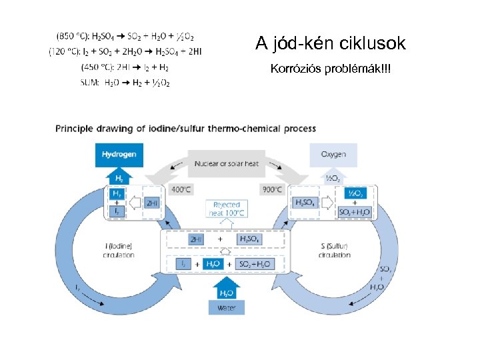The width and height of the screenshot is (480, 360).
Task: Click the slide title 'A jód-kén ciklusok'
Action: [330, 44]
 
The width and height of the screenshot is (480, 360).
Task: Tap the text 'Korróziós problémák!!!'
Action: [330, 69]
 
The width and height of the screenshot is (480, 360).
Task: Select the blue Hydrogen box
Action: [119, 155]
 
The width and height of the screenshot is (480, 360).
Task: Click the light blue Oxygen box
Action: [333, 155]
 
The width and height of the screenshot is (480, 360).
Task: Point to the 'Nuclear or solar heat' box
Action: [227, 163]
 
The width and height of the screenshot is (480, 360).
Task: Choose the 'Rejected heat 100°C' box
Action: [227, 208]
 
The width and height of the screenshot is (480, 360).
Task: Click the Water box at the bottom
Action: [226, 307]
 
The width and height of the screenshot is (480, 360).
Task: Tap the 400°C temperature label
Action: [181, 189]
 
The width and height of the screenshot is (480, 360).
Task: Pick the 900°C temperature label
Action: [271, 189]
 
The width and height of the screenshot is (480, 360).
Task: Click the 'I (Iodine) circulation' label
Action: [119, 251]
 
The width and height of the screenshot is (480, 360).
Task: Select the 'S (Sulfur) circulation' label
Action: [335, 251]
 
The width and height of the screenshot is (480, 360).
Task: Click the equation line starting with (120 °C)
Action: [125, 51]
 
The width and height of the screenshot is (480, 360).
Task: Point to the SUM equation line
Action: [125, 83]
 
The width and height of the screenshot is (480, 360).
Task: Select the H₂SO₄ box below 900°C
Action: [305, 203]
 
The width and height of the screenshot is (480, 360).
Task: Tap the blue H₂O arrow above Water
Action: [226, 292]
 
